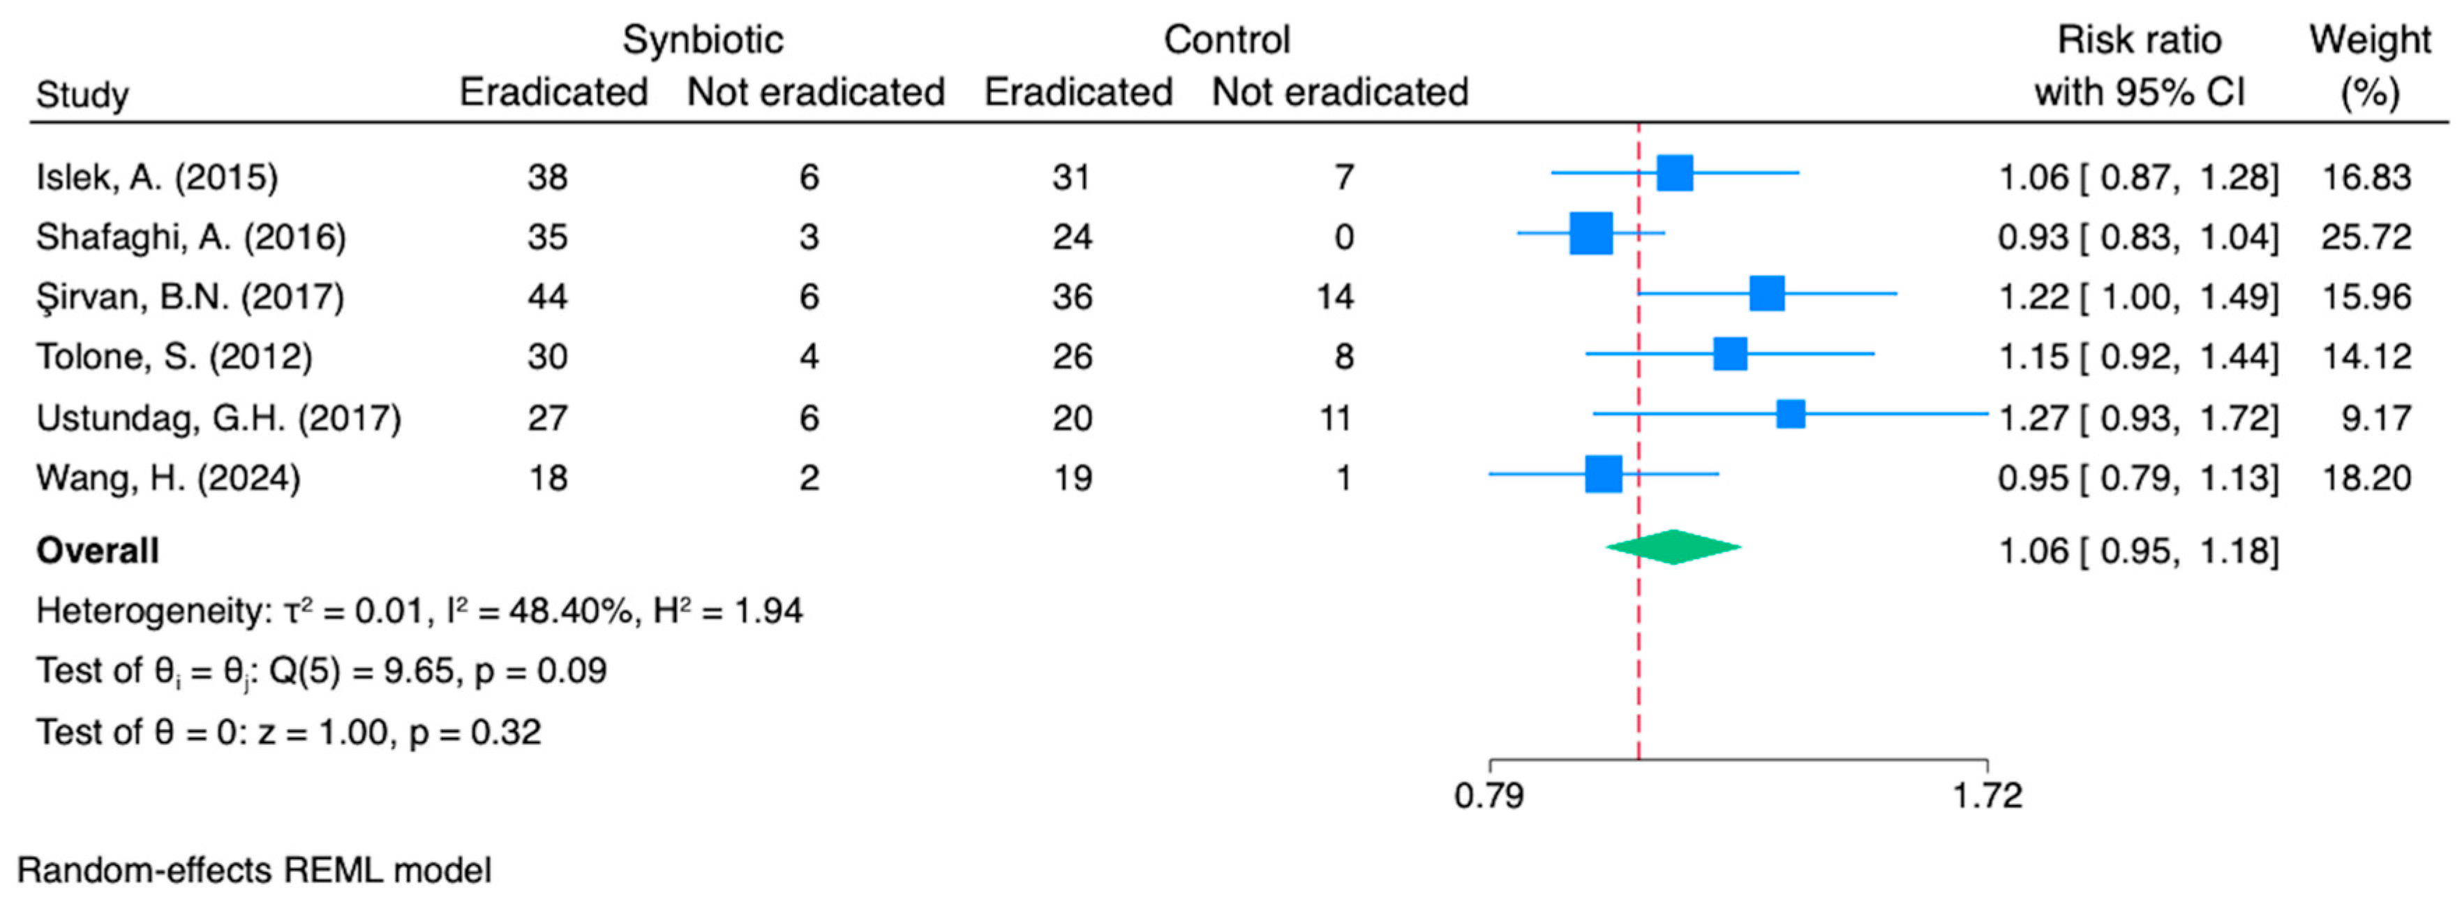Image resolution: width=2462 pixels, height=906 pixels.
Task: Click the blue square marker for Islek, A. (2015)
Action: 1674,173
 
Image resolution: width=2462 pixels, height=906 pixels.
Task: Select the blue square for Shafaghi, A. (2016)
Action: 1591,233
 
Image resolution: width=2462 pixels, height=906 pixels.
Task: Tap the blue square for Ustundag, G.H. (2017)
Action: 1790,414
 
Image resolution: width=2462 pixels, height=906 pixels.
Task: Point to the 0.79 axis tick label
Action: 1489,795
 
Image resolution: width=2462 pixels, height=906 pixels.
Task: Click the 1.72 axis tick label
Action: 1987,795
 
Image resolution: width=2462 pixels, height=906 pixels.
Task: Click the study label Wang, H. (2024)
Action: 168,477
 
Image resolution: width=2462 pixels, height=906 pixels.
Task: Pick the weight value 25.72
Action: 2366,236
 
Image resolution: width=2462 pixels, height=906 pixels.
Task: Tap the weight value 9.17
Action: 2376,417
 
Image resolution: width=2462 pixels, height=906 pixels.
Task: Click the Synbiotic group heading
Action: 703,40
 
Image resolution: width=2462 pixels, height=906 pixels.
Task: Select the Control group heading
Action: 1228,40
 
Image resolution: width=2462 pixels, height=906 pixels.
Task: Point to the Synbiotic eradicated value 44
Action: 548,296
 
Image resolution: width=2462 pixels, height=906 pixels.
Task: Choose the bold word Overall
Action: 98,551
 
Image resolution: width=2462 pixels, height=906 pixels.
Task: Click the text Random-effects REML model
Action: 254,870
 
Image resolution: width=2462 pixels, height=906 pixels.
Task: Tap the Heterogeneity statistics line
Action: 419,610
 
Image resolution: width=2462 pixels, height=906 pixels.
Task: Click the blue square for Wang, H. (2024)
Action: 1604,474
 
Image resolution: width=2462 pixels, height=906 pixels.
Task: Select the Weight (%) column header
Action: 2371,67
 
